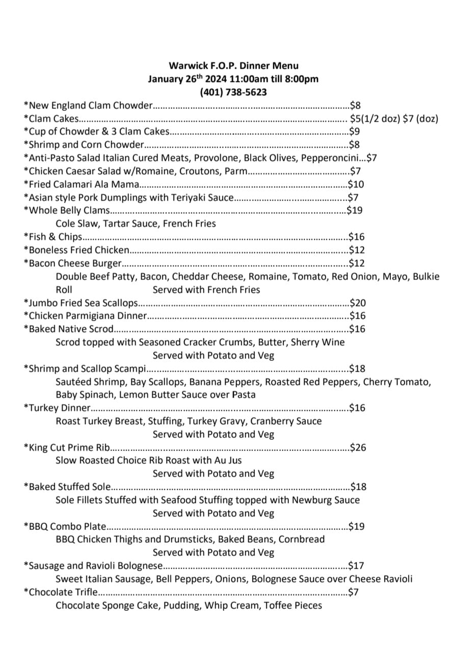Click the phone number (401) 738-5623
pyautogui.click(x=233, y=92)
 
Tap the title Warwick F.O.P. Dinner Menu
pyautogui.click(x=233, y=66)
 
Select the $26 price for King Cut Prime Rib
pyautogui.click(x=358, y=448)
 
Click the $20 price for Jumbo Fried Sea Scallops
pyautogui.click(x=358, y=303)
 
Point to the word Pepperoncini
pyautogui.click(x=333, y=158)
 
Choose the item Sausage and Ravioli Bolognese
pyautogui.click(x=93, y=566)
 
